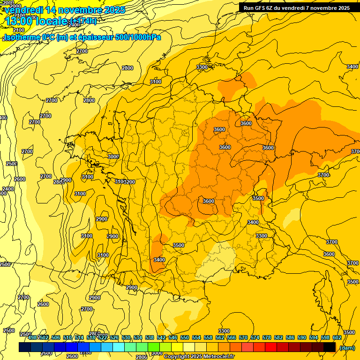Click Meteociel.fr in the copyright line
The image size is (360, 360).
point(218,357)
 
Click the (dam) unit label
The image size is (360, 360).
point(346,347)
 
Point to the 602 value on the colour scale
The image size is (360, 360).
point(337,337)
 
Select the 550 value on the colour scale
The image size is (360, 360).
point(185,337)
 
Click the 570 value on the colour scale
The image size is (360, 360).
point(243,337)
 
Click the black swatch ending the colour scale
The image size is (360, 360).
point(330,347)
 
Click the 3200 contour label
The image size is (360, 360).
point(129,182)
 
